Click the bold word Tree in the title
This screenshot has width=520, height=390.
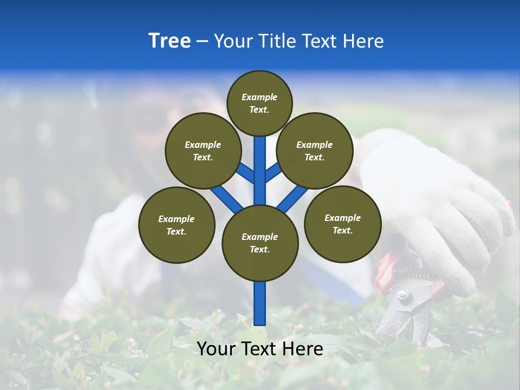pos(170,41)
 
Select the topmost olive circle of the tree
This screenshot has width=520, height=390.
pos(259,103)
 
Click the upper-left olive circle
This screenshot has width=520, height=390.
pos(203,151)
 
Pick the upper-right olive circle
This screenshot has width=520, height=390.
pos(314,151)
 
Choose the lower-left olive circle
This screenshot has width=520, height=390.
pos(177,225)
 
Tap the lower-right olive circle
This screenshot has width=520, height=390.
pos(342,224)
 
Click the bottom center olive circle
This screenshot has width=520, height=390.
pos(260,243)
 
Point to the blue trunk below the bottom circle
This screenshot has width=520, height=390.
pos(260,303)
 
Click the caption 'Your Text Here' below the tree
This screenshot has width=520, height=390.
pos(260,349)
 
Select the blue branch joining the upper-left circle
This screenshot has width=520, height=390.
pos(245,172)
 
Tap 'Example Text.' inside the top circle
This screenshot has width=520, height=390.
pos(259,103)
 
